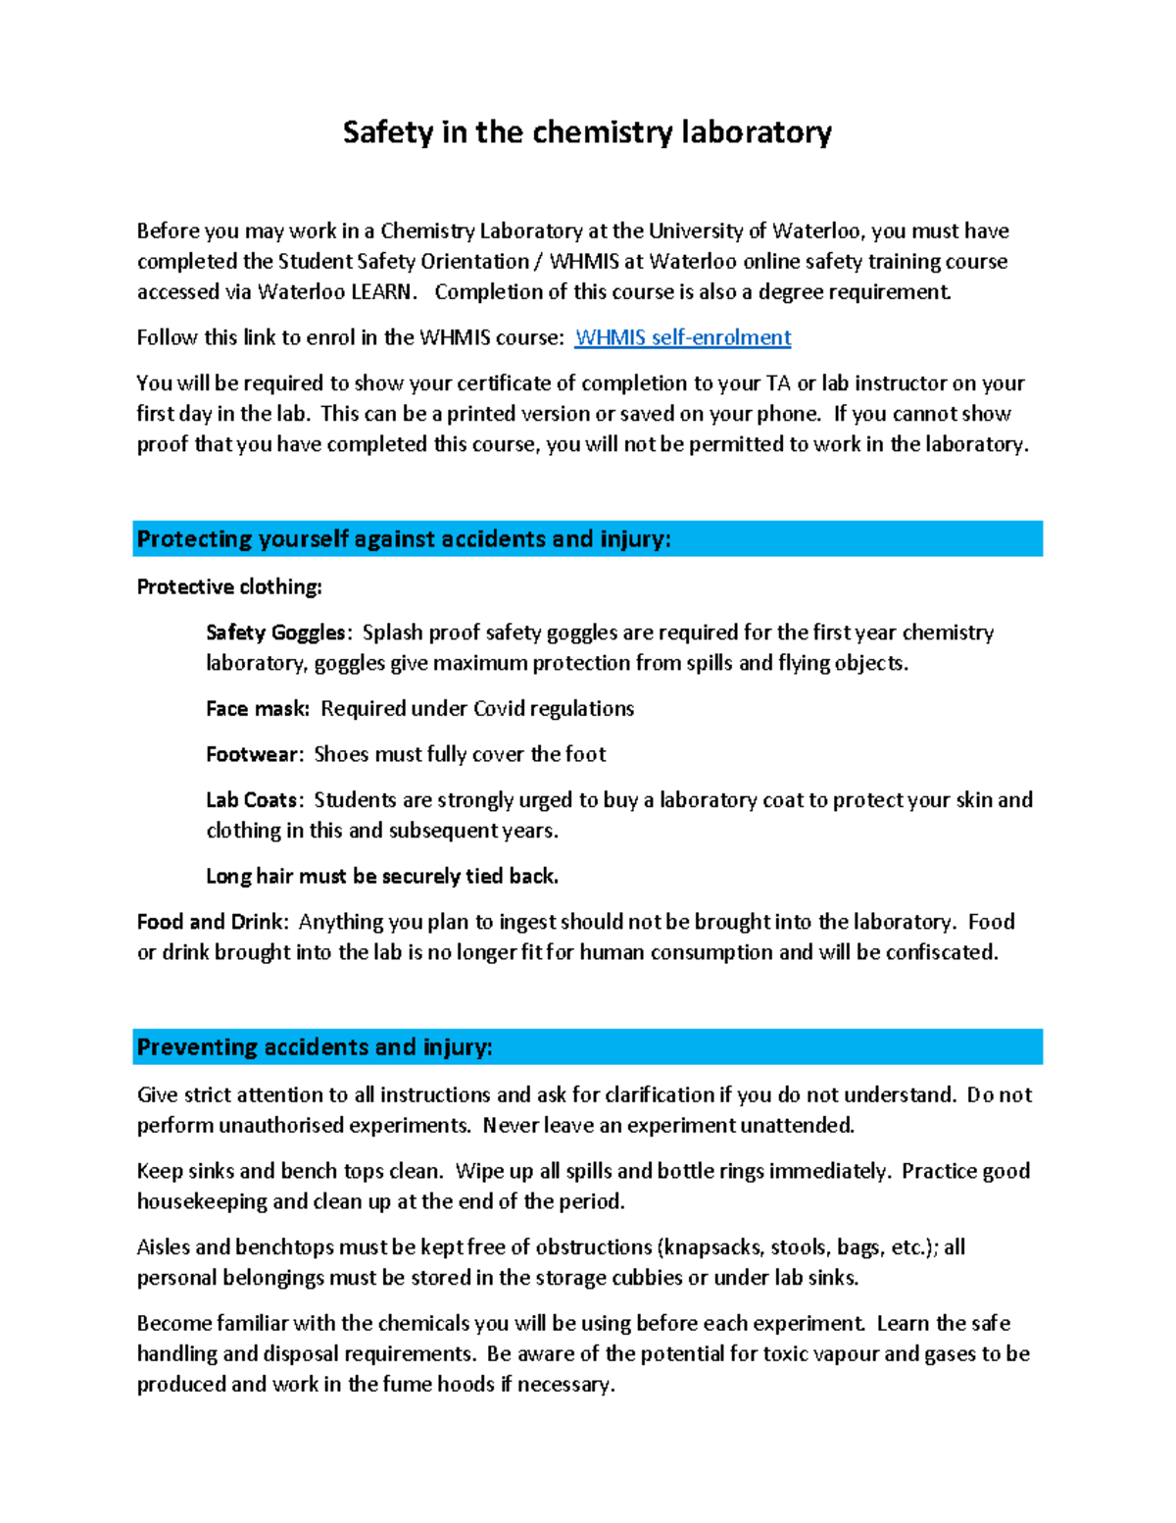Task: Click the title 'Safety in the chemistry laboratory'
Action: click(x=587, y=132)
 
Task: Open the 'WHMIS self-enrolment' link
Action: click(x=682, y=337)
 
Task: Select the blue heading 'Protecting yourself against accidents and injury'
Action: click(x=404, y=538)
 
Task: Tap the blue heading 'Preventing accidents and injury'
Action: click(x=315, y=1046)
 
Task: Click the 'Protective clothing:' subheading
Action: click(x=229, y=586)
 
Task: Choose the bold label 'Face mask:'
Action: click(x=258, y=708)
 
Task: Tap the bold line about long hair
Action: click(x=382, y=876)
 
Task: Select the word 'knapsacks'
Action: click(x=712, y=1247)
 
